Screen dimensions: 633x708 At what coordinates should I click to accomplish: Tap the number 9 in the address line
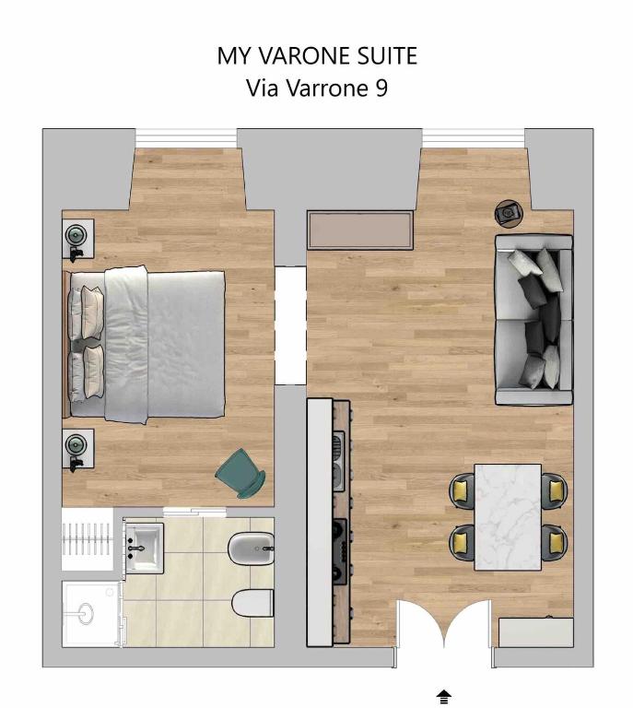click(x=381, y=88)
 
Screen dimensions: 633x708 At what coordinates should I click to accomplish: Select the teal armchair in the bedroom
click(x=240, y=473)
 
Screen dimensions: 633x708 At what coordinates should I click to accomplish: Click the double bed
click(x=145, y=345)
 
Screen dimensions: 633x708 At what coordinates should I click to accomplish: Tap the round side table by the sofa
click(x=509, y=212)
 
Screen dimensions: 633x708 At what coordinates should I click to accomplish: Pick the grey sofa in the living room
click(x=533, y=320)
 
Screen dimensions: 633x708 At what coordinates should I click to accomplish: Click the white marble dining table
click(x=508, y=517)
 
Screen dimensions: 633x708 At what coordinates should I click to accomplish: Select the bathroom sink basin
click(x=144, y=548)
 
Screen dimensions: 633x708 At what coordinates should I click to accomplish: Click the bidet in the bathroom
click(x=252, y=549)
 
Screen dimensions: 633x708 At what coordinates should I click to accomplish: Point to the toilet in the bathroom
click(x=252, y=603)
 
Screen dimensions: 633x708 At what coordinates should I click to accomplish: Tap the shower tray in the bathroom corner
click(x=91, y=614)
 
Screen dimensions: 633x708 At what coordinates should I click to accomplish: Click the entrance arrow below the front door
click(x=444, y=696)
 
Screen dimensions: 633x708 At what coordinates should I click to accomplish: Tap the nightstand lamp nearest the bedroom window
click(x=76, y=235)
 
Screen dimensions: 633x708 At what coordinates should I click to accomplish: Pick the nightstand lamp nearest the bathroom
click(x=76, y=444)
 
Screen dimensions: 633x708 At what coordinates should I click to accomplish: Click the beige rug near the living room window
click(x=360, y=230)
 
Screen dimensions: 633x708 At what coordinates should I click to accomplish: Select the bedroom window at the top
click(x=186, y=137)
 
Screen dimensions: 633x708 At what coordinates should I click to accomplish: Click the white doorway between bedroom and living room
click(x=290, y=325)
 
